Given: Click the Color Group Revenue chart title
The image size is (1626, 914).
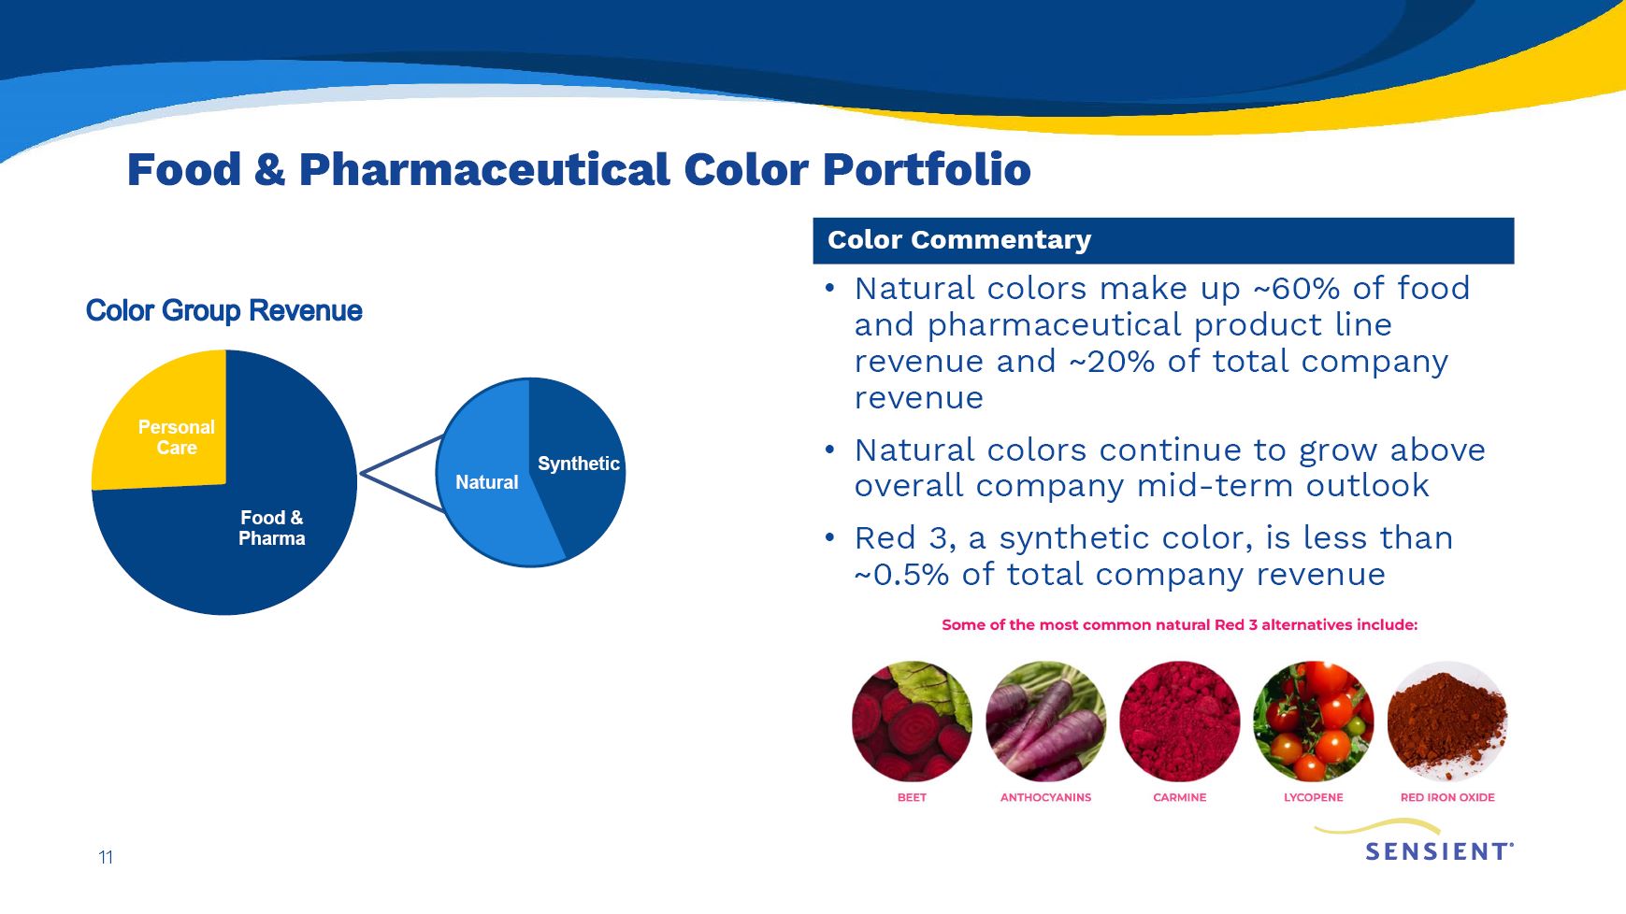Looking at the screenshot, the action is [x=223, y=310].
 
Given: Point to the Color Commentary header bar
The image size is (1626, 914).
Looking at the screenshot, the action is [x=1163, y=240].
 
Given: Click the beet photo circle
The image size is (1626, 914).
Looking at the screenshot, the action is [x=912, y=721].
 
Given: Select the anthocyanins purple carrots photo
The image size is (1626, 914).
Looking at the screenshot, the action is [x=1045, y=721].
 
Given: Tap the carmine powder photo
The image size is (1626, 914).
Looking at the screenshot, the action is [x=1179, y=721].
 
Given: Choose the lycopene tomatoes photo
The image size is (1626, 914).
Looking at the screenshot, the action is [x=1313, y=721].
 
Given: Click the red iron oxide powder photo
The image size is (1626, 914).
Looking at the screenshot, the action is [x=1447, y=721].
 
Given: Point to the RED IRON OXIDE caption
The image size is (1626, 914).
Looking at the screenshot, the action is [x=1447, y=797].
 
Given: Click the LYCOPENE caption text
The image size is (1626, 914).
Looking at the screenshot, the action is [x=1313, y=797].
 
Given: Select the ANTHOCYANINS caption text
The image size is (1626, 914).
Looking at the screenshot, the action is [x=1045, y=797].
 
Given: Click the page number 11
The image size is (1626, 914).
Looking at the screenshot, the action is [x=106, y=857].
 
